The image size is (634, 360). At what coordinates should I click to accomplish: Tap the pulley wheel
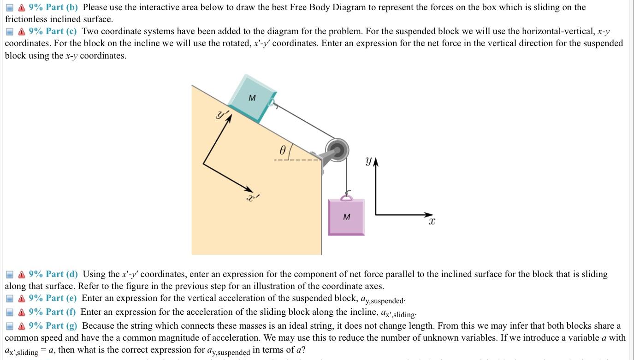point(338,149)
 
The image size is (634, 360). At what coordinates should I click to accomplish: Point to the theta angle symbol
point(284,150)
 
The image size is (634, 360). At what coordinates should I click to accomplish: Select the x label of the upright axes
point(432,222)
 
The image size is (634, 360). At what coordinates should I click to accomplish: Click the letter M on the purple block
point(347,217)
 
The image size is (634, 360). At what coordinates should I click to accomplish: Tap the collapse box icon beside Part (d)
point(9,275)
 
